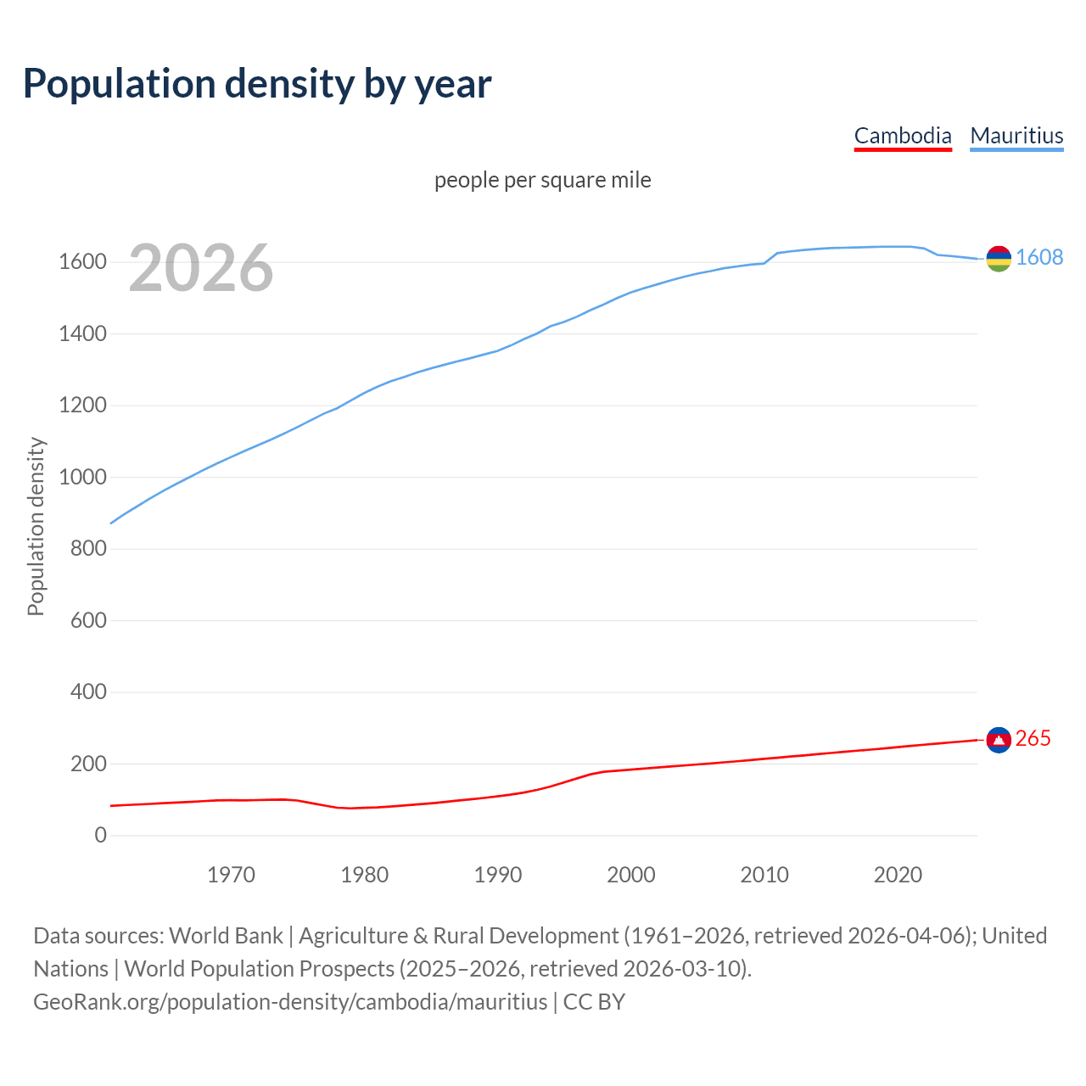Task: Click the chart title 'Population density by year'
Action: tap(257, 84)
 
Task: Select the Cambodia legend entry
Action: tap(903, 136)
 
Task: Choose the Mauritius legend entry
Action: tap(1016, 136)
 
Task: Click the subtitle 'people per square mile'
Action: tap(542, 180)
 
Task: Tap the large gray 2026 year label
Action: tap(201, 268)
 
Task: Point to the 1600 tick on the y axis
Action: tap(82, 262)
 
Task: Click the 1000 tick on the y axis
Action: tap(82, 477)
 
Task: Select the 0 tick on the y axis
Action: tap(101, 835)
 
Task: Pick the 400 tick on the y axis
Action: tap(88, 692)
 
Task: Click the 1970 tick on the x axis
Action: tap(231, 875)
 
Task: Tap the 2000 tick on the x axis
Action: tap(630, 875)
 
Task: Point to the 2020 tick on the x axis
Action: tap(898, 875)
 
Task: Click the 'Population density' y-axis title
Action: tap(36, 526)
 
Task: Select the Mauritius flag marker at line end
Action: tap(999, 259)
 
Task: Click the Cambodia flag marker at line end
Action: tap(999, 740)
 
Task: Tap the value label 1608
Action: tap(1039, 258)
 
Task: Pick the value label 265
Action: tap(1033, 739)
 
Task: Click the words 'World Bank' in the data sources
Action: tap(226, 936)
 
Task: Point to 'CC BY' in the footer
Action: tap(594, 1002)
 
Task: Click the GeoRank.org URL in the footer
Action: tap(290, 1002)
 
